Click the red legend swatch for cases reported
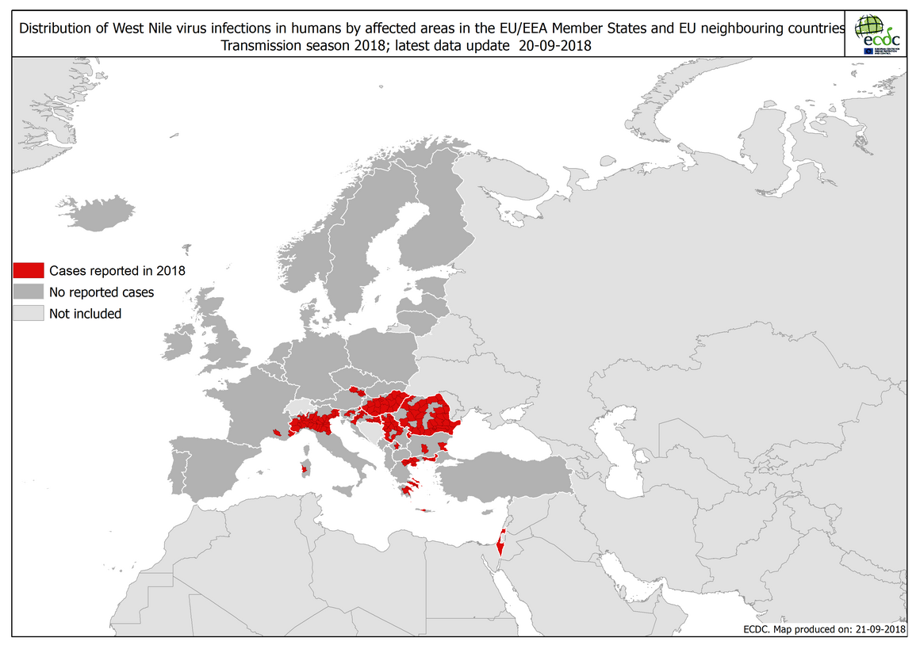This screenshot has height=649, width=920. (28, 270)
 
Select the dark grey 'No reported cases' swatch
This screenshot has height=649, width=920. (28, 292)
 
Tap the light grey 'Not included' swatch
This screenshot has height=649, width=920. (28, 313)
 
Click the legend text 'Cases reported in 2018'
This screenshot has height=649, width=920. (117, 270)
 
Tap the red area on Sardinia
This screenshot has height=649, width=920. (304, 470)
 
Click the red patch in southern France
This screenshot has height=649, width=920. (276, 432)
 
